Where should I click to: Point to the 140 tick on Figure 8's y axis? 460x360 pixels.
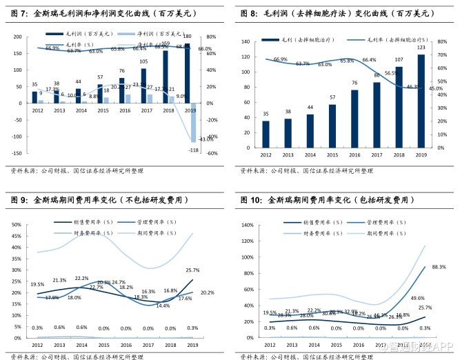coord(246,41)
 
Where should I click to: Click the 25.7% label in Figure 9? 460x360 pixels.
coord(192,270)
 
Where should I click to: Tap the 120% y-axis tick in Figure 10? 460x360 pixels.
coord(246,225)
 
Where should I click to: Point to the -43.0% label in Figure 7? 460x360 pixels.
coord(206,139)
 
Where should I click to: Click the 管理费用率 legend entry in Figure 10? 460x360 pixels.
coord(377,222)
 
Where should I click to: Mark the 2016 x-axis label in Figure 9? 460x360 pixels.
coord(126,344)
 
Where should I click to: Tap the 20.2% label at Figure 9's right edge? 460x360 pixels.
coord(207,293)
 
